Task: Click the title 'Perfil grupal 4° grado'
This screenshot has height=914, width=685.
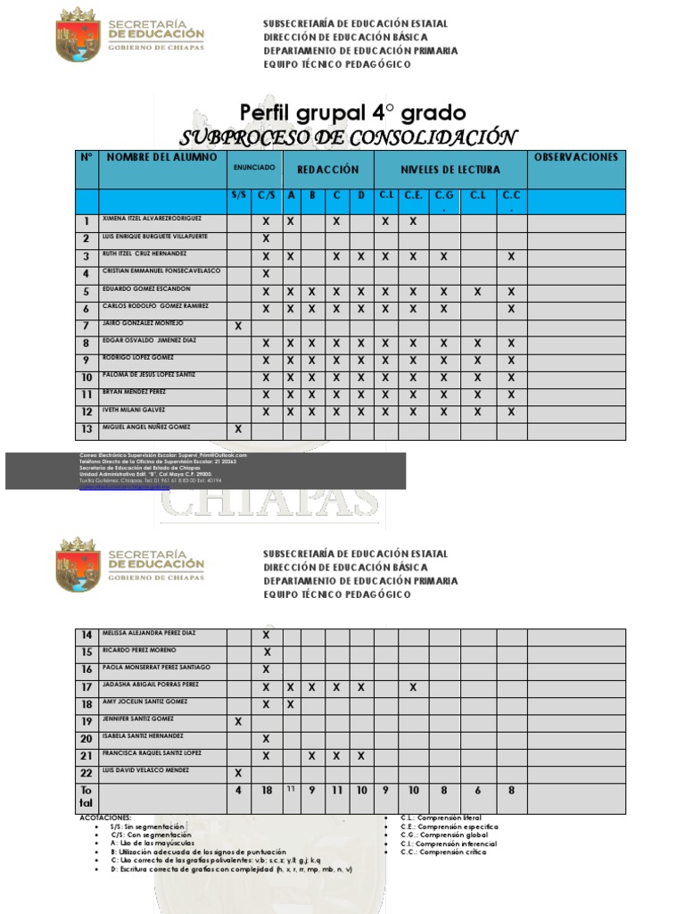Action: point(352,113)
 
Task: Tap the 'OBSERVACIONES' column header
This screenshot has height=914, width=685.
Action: point(575,158)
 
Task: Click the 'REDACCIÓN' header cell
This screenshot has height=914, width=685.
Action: point(327,170)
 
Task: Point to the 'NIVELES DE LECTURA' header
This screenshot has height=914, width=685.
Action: point(450,170)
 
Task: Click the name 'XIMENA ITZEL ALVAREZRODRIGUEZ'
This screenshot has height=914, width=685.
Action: point(152,219)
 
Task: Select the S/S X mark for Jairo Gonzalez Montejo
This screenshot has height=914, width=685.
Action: point(238,327)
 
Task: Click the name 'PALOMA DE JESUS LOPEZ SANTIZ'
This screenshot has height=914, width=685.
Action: point(149,375)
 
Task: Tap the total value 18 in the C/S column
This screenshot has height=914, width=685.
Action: point(266,790)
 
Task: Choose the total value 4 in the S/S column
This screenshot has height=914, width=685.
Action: point(238,790)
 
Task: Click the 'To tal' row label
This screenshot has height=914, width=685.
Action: point(87,797)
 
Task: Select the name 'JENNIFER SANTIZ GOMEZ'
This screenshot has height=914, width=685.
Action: point(138,719)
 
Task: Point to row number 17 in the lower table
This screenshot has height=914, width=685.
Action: point(87,687)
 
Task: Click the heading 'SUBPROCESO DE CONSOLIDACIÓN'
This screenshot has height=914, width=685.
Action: point(348,137)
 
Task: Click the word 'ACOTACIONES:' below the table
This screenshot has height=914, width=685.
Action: point(105,817)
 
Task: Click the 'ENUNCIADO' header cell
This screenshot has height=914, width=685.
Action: point(254,168)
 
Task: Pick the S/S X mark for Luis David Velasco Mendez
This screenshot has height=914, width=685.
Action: point(238,773)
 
